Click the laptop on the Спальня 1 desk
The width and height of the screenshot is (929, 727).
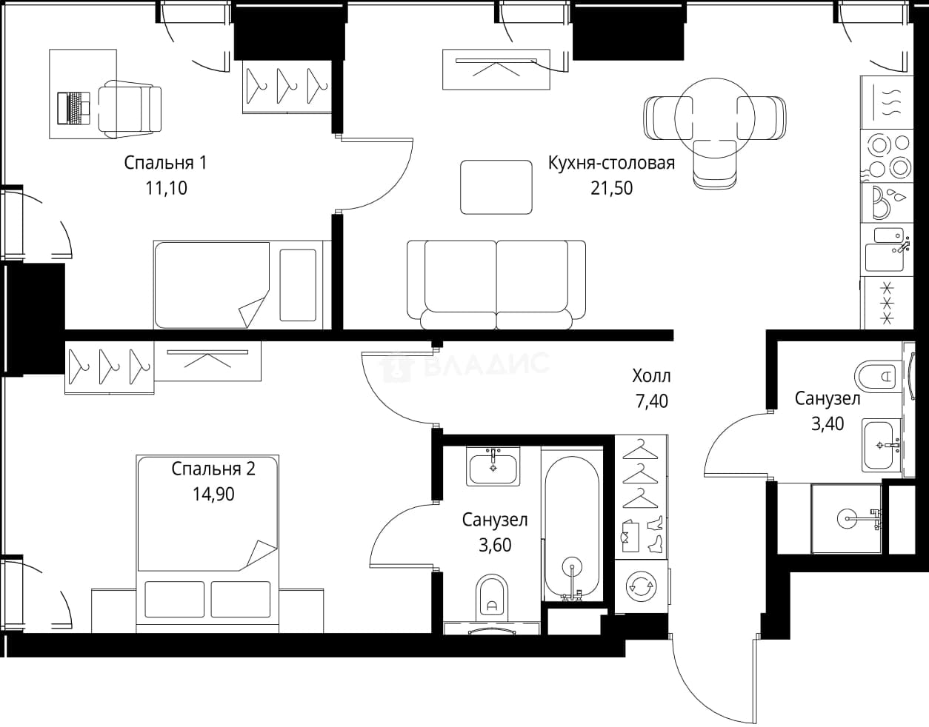(x=74, y=108)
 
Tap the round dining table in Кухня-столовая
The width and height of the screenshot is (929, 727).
(x=714, y=118)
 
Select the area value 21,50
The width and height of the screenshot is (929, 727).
(x=611, y=188)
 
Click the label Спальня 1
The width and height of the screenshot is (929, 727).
(x=165, y=163)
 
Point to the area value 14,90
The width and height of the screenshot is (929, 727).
(x=213, y=495)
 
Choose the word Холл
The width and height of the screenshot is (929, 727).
(x=651, y=376)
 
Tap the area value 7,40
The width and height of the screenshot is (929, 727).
(x=651, y=401)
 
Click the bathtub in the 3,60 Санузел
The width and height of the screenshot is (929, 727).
(x=572, y=523)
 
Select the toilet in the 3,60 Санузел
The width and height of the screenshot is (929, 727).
(x=492, y=598)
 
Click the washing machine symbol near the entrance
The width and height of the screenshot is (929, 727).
(x=641, y=586)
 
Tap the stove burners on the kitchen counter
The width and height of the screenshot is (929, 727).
(x=886, y=155)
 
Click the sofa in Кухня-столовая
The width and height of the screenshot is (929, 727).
(x=496, y=284)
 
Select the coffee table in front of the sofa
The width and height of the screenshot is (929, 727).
(x=496, y=187)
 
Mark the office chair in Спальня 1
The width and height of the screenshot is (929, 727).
(x=130, y=110)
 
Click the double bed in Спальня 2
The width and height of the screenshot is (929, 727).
(x=207, y=543)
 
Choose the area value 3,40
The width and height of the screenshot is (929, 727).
(x=828, y=424)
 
